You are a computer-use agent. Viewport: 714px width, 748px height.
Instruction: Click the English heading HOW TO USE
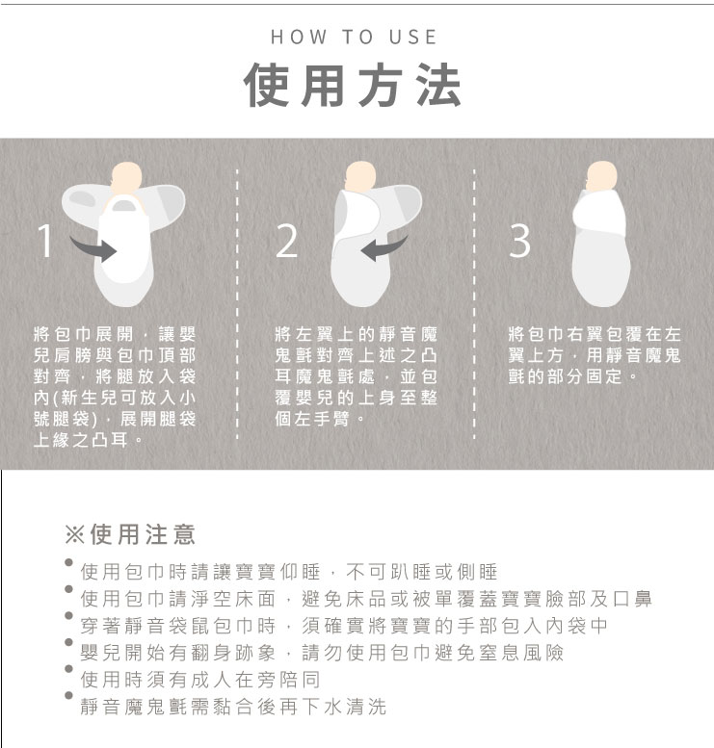(x=354, y=38)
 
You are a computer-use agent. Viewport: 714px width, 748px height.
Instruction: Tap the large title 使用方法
(x=353, y=85)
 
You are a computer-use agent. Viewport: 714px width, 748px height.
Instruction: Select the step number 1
(x=45, y=241)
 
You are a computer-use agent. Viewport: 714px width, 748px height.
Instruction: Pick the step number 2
(x=287, y=241)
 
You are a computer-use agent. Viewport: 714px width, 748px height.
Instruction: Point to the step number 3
(x=519, y=241)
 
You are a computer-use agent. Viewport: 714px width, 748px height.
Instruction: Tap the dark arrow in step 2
(x=384, y=248)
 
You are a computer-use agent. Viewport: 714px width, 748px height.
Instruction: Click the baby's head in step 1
(x=126, y=178)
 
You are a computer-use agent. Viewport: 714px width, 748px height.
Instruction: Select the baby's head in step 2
(x=360, y=177)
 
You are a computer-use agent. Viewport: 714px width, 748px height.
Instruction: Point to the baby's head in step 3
(x=601, y=176)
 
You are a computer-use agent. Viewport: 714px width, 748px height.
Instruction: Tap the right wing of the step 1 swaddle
(x=165, y=206)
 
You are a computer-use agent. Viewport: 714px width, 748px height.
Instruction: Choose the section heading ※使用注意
(x=130, y=534)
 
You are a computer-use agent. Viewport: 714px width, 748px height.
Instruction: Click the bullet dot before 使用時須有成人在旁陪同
(x=68, y=669)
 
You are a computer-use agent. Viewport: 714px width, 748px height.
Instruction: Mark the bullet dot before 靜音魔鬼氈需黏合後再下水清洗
(x=68, y=695)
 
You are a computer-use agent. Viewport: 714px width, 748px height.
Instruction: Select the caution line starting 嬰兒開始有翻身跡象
(x=322, y=653)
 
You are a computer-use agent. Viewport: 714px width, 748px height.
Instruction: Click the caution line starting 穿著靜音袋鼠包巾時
(x=344, y=626)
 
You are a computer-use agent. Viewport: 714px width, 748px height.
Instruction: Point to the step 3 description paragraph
(x=595, y=355)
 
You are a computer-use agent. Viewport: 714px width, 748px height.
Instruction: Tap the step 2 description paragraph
(x=356, y=376)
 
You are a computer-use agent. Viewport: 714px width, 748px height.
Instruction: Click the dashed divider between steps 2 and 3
(x=474, y=304)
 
